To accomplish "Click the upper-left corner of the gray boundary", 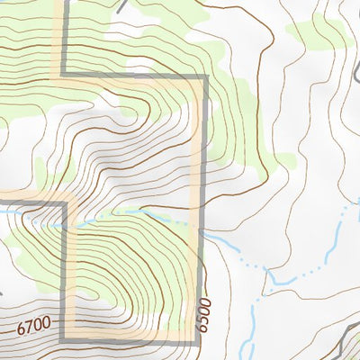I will click(x=64, y=76).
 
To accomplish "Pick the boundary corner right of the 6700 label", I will click(x=63, y=338).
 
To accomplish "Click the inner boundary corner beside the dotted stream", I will click(x=66, y=204).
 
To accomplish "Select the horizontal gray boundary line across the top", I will click(x=135, y=76).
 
